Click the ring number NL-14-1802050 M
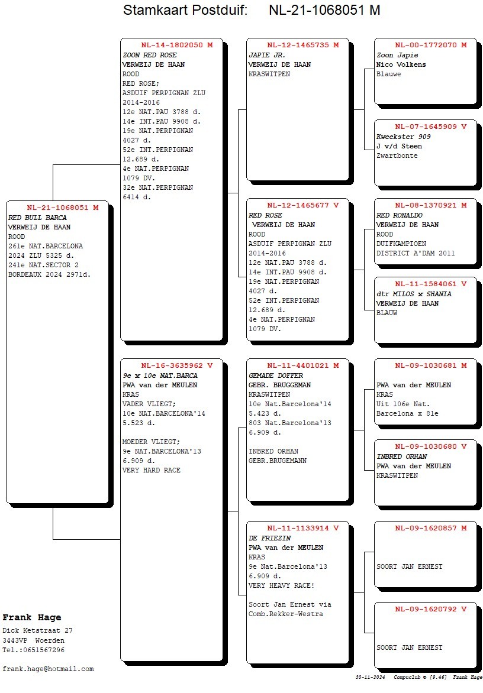[177, 45]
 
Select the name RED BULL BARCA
[38, 218]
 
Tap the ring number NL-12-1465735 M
[303, 45]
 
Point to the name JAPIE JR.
[267, 55]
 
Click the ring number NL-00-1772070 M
[431, 45]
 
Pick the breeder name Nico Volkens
[401, 64]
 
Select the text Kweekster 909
[403, 137]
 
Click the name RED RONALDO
[400, 215]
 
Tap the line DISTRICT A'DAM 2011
[416, 253]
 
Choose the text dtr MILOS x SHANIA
[414, 294]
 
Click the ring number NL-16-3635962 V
[177, 365]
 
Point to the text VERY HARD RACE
[152, 470]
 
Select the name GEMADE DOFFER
[276, 375]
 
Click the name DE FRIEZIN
[270, 538]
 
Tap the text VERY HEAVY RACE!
[281, 585]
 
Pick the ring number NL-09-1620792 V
[431, 609]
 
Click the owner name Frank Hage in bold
[32, 617]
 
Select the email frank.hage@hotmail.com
[48, 669]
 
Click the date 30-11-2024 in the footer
[370, 677]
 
